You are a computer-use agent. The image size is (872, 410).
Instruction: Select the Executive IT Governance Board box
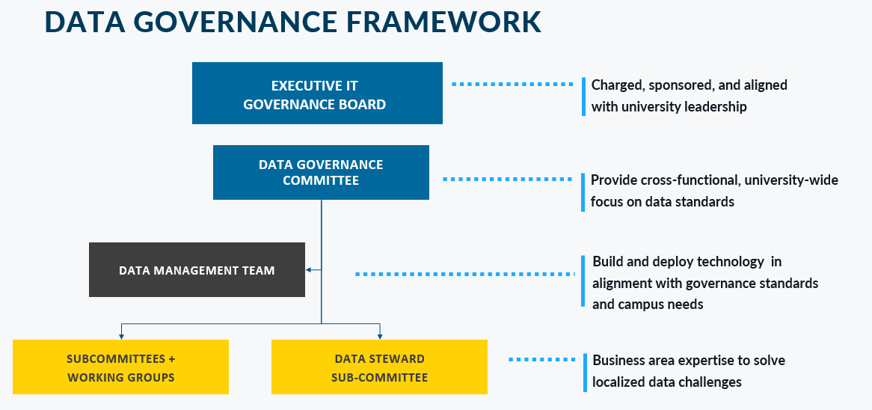(317, 94)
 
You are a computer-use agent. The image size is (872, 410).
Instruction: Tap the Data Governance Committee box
(321, 173)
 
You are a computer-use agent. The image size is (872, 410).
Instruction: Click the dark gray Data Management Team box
(197, 270)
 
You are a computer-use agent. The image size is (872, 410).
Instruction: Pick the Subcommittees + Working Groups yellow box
(121, 367)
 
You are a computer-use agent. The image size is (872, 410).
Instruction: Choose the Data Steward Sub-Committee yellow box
(379, 367)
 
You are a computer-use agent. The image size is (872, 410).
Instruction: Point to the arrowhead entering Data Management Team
(309, 270)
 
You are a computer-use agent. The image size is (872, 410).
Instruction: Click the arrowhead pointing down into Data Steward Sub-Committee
(380, 335)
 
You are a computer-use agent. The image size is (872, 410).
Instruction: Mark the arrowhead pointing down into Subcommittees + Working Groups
(121, 335)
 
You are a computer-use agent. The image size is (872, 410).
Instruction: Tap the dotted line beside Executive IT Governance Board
(512, 85)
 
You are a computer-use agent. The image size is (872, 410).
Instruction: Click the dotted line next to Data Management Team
(464, 275)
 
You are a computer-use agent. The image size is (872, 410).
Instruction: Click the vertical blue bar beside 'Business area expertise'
(584, 372)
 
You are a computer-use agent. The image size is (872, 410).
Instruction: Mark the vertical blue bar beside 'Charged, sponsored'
(583, 97)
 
